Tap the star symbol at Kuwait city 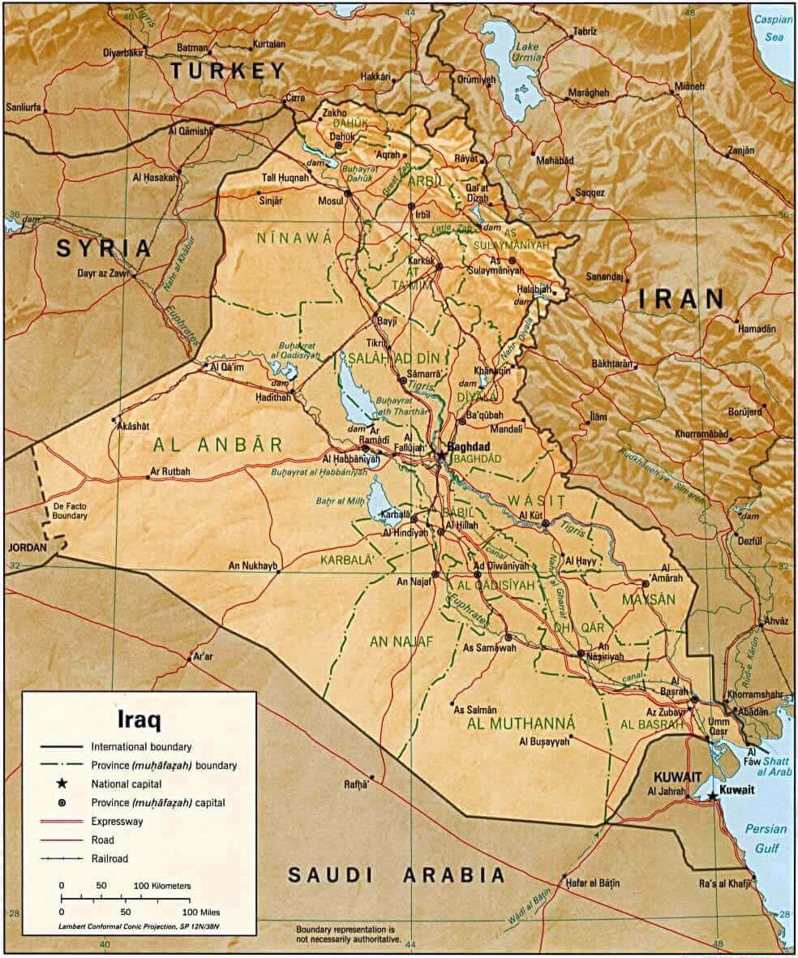point(713,796)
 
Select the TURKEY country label point(229,71)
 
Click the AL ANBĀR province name point(217,444)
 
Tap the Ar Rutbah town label point(170,471)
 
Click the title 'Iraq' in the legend point(139,719)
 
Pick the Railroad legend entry point(109,857)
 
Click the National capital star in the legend point(62,784)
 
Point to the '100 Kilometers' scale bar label point(162,885)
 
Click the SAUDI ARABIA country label point(397,874)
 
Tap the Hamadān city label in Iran point(756,329)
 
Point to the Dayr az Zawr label point(103,273)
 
